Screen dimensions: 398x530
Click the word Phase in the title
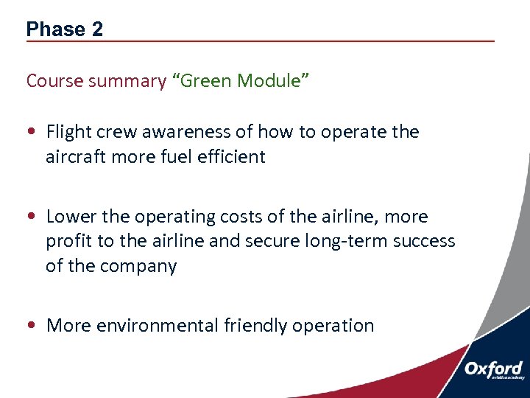(55, 29)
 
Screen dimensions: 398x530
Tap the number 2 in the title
(97, 29)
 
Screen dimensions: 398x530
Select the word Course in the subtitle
(54, 81)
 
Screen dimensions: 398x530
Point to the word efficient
(232, 156)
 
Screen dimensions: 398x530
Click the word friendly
(255, 326)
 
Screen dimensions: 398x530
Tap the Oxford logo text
(493, 369)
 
